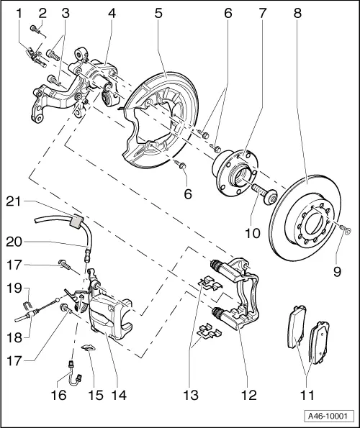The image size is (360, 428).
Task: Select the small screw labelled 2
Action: coord(35,29)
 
